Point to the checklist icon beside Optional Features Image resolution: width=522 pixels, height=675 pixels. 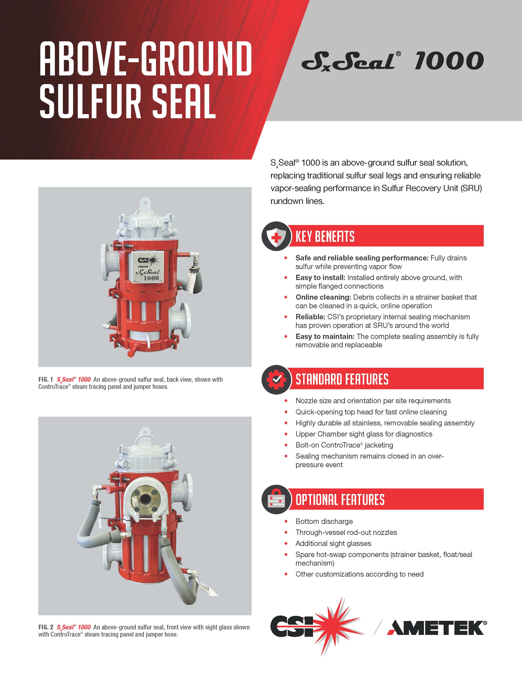pos(276,500)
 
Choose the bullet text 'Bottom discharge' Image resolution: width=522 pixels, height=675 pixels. pos(324,521)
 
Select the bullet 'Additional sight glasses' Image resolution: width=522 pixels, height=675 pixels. pos(333,543)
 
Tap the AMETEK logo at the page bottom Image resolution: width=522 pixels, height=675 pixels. pos(436,628)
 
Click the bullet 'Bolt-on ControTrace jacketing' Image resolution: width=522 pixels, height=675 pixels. pos(344,445)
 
